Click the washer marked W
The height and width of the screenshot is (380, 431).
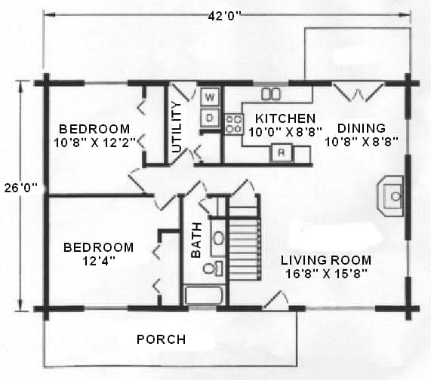pyautogui.click(x=210, y=97)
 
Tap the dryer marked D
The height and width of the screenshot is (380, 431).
pyautogui.click(x=210, y=118)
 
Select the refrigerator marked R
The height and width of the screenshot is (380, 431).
pyautogui.click(x=281, y=152)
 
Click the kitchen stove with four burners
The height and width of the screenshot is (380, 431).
pyautogui.click(x=234, y=124)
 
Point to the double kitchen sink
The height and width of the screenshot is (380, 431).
pyautogui.click(x=271, y=94)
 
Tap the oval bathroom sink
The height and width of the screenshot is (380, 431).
pyautogui.click(x=219, y=237)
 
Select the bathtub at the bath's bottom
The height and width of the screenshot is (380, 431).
pyautogui.click(x=205, y=295)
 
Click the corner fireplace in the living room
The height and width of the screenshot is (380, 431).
pyautogui.click(x=390, y=196)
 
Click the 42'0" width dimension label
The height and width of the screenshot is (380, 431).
pyautogui.click(x=224, y=16)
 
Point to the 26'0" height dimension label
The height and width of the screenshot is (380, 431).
pyautogui.click(x=21, y=188)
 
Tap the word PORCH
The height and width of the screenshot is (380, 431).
pyautogui.click(x=162, y=339)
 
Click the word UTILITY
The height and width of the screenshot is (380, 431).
pyautogui.click(x=177, y=127)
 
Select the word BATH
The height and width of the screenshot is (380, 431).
pyautogui.click(x=196, y=241)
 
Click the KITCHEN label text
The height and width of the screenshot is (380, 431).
pyautogui.click(x=285, y=118)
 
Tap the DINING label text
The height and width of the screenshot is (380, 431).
pyautogui.click(x=362, y=128)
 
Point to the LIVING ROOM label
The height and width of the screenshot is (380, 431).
pyautogui.click(x=326, y=260)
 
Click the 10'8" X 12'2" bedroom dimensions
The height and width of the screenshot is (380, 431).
pyautogui.click(x=95, y=142)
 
